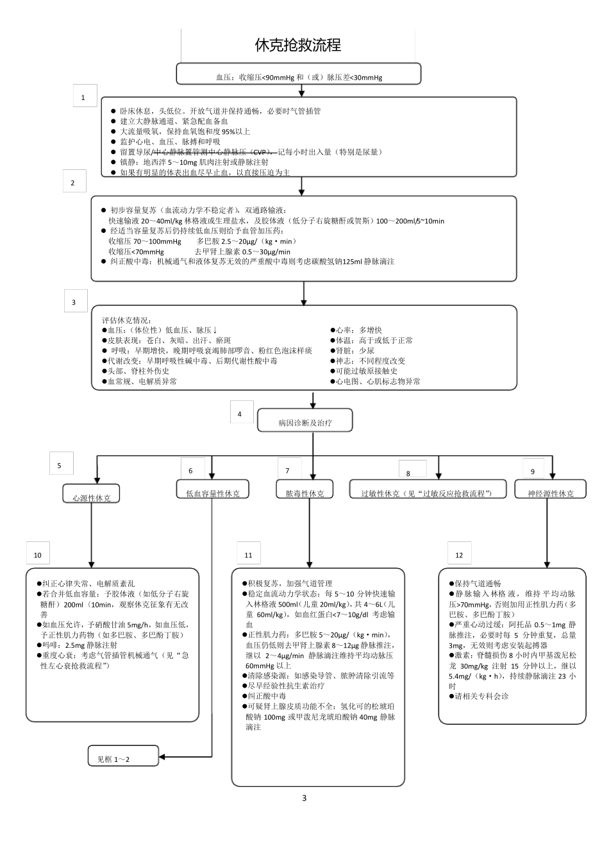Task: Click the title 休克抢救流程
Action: tap(298, 45)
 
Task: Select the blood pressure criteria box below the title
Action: tap(299, 74)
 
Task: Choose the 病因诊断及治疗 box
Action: tap(305, 423)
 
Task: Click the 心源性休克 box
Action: tap(91, 495)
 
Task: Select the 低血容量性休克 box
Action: tap(213, 491)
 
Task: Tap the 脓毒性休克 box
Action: tap(304, 491)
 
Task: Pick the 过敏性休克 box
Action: tap(426, 491)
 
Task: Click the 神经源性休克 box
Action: tap(550, 491)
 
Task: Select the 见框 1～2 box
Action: tap(123, 757)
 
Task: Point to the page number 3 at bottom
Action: tap(304, 798)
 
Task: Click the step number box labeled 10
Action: tap(38, 554)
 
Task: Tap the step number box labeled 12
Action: tap(459, 554)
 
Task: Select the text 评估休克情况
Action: tap(127, 319)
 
